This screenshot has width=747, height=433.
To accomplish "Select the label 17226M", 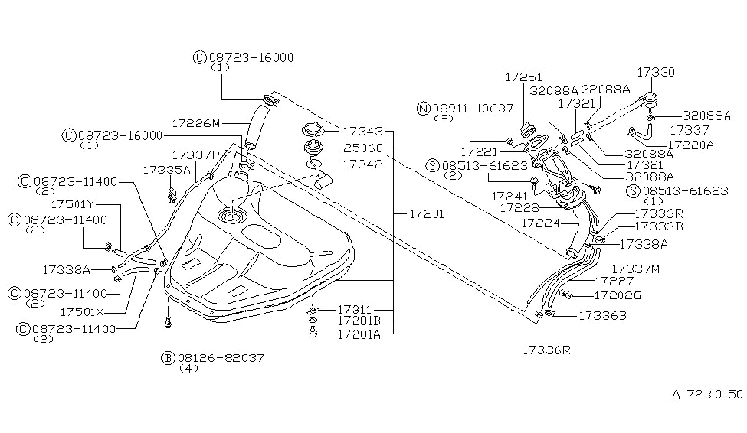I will point(195,122).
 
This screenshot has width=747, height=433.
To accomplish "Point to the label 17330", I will point(657,71).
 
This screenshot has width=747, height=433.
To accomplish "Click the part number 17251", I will point(523,77).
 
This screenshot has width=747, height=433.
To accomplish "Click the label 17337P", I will point(195,155).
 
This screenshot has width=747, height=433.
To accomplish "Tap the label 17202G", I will point(618,296).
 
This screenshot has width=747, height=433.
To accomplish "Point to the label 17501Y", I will point(72,205).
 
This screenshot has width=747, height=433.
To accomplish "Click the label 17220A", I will point(691,144).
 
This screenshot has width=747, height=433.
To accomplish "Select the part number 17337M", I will point(637,269).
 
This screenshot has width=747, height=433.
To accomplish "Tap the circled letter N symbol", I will point(422,109).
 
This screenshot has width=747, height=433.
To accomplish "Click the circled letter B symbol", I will point(166,357).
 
